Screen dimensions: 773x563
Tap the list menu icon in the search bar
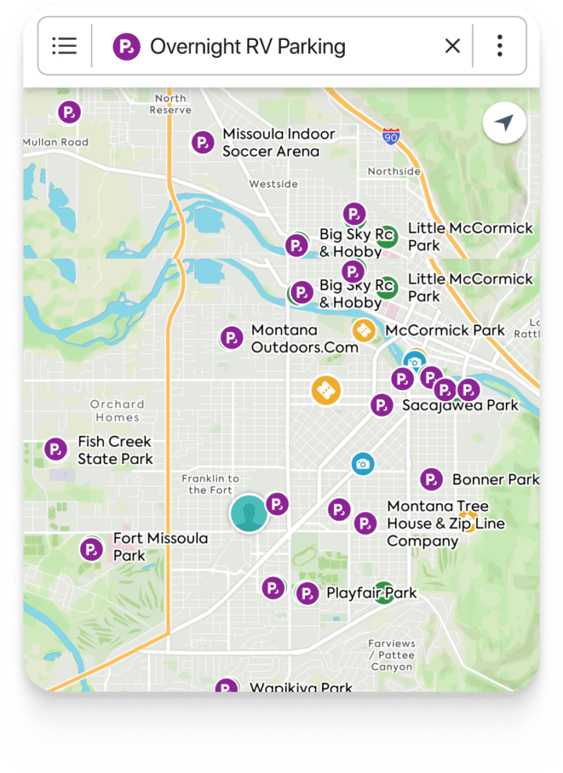[64, 46]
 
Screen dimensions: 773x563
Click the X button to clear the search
[452, 46]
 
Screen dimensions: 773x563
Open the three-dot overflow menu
[500, 46]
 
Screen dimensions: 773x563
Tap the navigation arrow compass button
[504, 123]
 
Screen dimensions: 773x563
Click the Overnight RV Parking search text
[247, 46]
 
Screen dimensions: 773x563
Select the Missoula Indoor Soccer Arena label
[278, 143]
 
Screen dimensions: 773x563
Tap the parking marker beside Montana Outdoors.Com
[231, 338]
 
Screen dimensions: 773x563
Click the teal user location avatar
[249, 514]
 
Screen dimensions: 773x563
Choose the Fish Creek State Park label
[115, 451]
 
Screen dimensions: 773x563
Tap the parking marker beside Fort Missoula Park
[91, 549]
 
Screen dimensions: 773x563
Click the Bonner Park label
[495, 479]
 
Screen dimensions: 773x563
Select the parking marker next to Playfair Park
[307, 593]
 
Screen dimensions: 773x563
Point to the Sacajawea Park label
[460, 406]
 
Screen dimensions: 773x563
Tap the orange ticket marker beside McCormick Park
[364, 331]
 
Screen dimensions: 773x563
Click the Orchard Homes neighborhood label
[117, 410]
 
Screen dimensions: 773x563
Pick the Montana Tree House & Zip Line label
[446, 524]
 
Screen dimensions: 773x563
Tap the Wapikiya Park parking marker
[227, 688]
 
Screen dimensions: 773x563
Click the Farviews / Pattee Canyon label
[391, 655]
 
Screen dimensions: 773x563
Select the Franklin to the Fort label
[210, 484]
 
